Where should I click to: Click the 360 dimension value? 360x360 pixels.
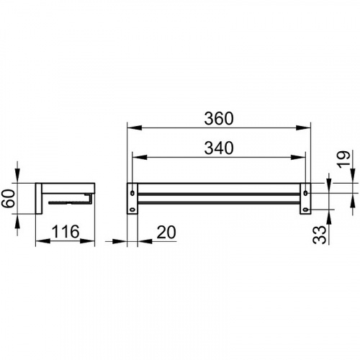pos(219,119)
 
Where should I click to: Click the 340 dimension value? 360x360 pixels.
pos(219,148)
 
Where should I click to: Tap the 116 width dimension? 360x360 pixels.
pos(66,232)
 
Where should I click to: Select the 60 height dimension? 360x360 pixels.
pos(8,198)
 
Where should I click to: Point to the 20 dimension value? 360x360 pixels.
pos(166,233)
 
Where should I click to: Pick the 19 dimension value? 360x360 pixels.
pos(343,159)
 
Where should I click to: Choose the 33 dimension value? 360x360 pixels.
pos(320,235)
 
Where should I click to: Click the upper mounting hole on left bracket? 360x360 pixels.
pos(132,192)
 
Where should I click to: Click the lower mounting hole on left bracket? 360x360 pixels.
pos(132,210)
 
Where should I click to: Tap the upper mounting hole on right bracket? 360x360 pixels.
pos(305,192)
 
